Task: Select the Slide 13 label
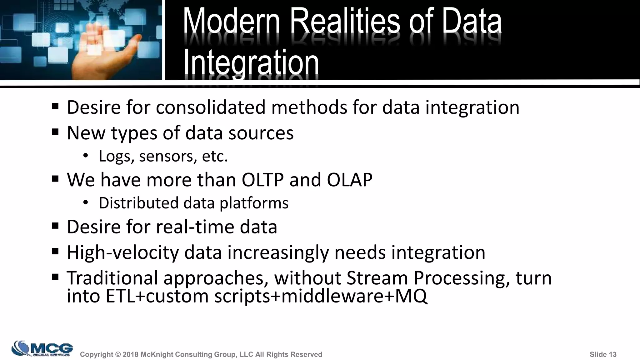[x=603, y=354]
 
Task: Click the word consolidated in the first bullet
[x=211, y=107]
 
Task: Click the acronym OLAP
[x=350, y=180]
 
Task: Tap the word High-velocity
[x=122, y=252]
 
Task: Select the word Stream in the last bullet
[x=377, y=278]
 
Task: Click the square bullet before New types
[x=56, y=132]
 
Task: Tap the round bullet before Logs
[x=86, y=156]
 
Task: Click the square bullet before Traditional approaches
[x=56, y=277]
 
